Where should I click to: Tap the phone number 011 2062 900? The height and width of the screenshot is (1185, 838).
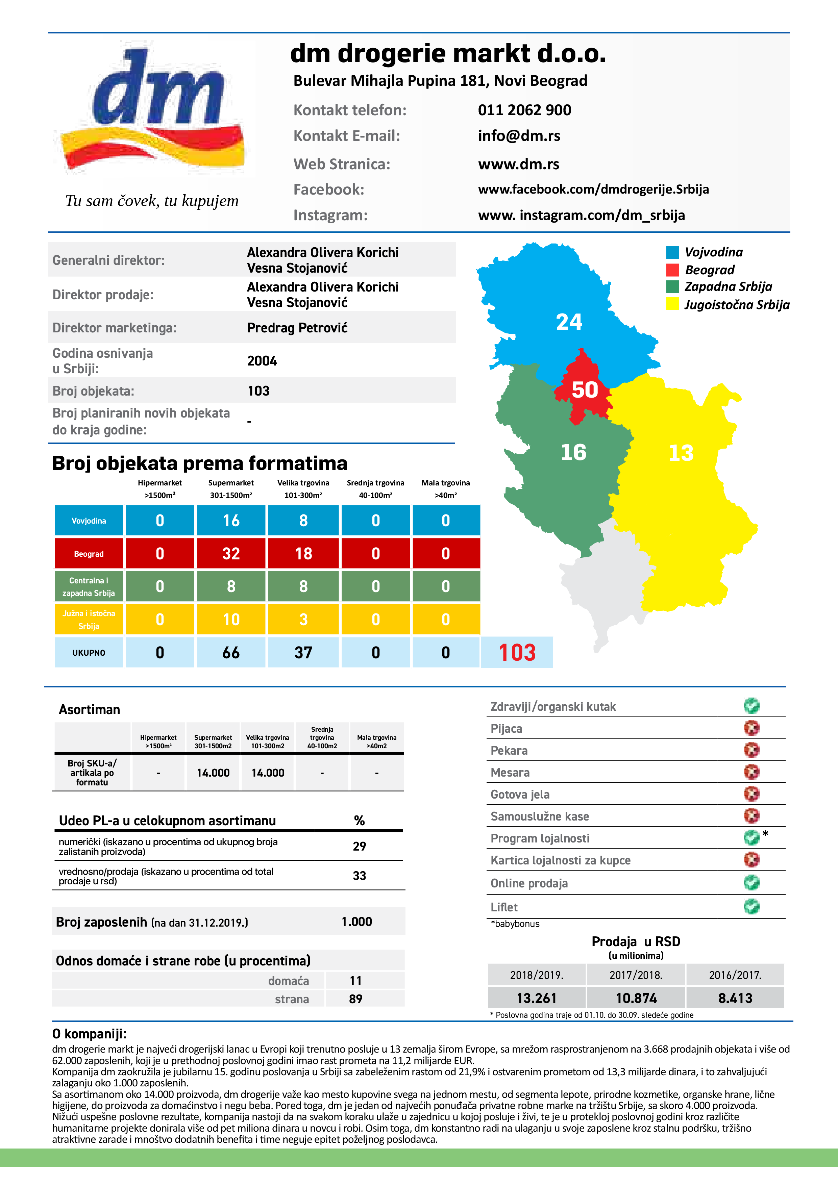click(524, 110)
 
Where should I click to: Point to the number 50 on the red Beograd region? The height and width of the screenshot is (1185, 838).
click(585, 390)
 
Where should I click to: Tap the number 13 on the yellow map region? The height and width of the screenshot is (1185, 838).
click(681, 453)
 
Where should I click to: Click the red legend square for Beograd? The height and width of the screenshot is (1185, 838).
click(672, 270)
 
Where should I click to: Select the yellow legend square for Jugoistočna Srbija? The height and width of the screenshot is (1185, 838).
click(672, 304)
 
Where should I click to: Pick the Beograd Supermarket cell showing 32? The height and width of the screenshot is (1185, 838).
click(231, 553)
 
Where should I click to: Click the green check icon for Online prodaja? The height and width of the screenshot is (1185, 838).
click(751, 883)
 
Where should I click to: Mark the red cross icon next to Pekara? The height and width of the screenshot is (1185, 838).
click(751, 750)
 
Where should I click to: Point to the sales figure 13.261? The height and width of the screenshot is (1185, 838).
click(537, 998)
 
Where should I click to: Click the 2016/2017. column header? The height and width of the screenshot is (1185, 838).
click(735, 975)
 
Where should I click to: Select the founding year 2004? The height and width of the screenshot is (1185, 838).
click(262, 361)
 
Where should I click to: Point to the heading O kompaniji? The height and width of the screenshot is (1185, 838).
click(89, 1034)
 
